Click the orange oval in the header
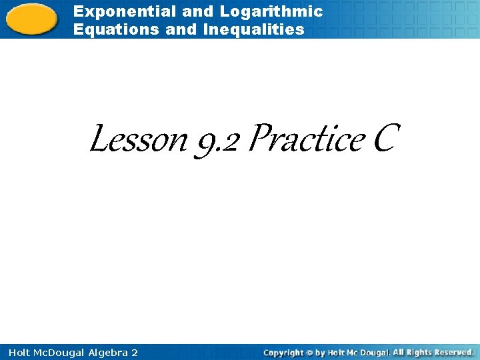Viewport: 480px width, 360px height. (32, 19)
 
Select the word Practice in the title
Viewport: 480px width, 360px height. (307, 140)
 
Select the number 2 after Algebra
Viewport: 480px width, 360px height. (135, 352)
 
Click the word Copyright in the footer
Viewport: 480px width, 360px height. (283, 352)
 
